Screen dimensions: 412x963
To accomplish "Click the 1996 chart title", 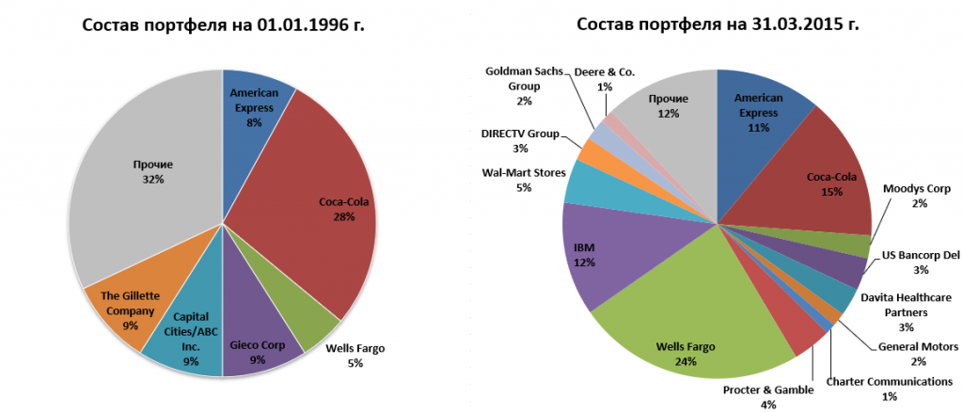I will point(223,25).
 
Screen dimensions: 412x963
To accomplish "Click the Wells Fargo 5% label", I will point(355,356).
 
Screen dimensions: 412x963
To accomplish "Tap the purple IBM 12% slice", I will point(588,254).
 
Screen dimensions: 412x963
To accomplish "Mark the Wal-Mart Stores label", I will point(523,179).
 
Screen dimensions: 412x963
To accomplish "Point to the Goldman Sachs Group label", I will point(524,86).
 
